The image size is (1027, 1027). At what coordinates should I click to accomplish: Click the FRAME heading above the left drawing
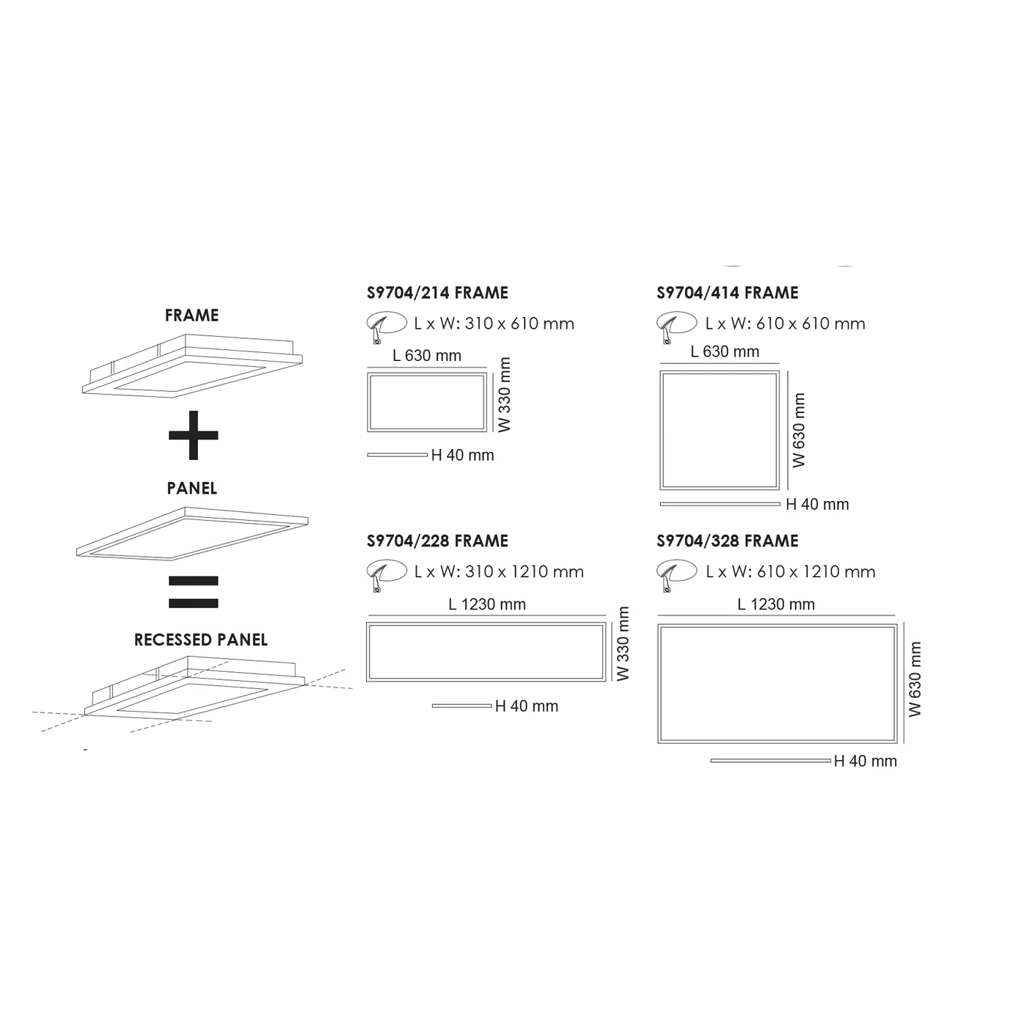(191, 315)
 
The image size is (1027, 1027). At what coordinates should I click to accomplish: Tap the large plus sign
(193, 435)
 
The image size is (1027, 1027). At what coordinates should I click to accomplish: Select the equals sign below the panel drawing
(193, 592)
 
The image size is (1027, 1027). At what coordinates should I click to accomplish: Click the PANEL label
(192, 489)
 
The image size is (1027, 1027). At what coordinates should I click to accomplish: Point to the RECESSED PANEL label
(201, 640)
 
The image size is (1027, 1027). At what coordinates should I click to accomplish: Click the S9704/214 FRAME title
(437, 293)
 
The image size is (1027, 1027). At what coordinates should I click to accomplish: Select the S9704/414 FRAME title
(727, 293)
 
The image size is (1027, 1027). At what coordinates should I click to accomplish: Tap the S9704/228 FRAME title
(437, 541)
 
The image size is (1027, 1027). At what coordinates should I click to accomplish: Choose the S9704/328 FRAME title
(727, 541)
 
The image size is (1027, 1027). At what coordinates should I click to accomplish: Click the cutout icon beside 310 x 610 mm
(386, 325)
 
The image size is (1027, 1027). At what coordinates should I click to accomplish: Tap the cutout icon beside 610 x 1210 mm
(676, 573)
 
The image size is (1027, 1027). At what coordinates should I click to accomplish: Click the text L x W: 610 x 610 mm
(785, 324)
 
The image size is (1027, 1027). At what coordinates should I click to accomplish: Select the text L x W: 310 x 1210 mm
(499, 572)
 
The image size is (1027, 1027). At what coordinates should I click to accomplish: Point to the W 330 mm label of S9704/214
(505, 395)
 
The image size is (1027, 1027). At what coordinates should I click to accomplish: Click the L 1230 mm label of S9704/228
(487, 604)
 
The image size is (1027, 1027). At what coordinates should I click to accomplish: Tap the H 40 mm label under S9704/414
(817, 505)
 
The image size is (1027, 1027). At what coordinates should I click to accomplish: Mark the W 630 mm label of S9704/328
(915, 679)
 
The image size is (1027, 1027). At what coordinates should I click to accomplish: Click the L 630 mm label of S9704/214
(427, 356)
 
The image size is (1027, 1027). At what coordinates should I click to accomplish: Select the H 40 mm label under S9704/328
(866, 761)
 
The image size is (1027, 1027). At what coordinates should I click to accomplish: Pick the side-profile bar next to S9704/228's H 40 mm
(461, 706)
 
